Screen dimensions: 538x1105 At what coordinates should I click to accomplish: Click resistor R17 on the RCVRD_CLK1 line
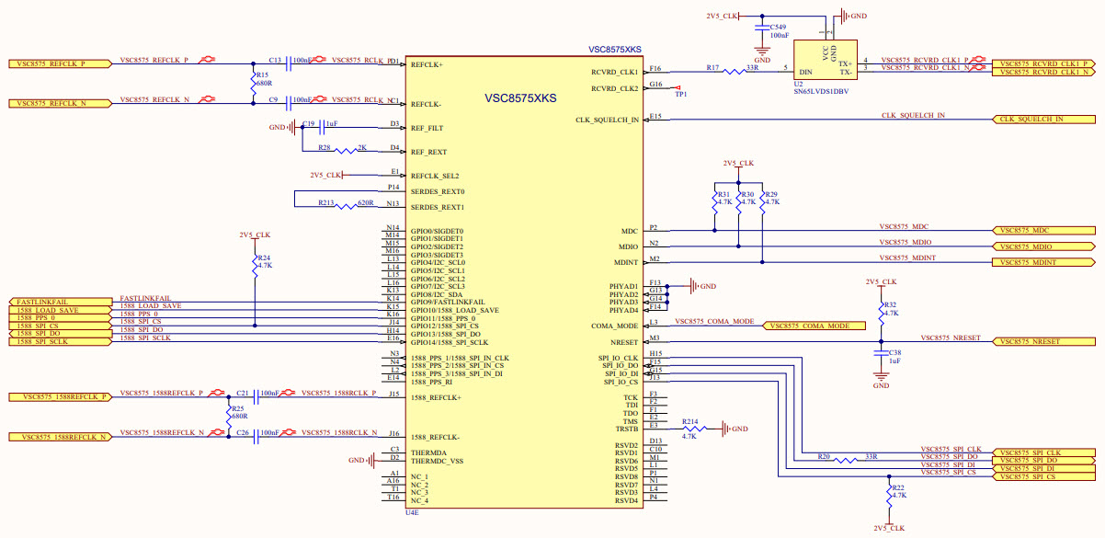(740, 70)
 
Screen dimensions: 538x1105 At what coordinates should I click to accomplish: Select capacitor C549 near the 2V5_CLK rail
(762, 29)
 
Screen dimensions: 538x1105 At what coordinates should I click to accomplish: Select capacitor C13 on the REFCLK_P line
(287, 62)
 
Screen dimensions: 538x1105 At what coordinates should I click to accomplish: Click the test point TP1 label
(680, 93)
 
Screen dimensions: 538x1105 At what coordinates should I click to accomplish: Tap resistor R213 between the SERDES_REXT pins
(345, 205)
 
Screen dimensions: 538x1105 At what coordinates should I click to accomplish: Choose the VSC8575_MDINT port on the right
(1042, 263)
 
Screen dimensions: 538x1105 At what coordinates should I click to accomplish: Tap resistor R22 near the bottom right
(889, 494)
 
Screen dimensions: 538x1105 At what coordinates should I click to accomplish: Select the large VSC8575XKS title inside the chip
(520, 97)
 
